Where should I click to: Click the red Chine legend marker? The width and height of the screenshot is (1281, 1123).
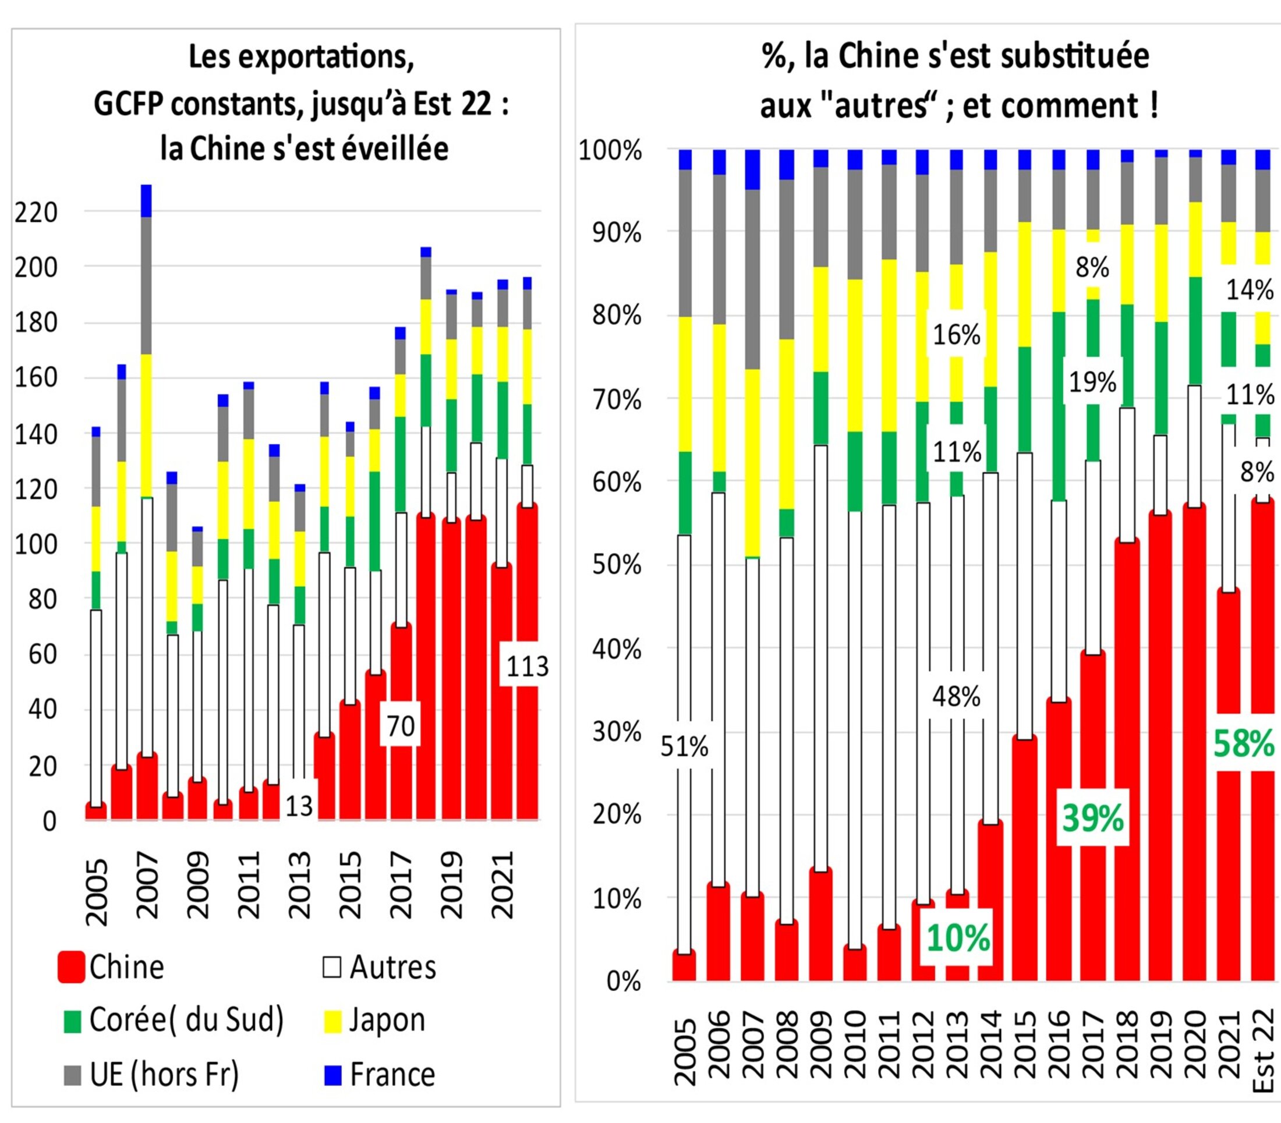[72, 967]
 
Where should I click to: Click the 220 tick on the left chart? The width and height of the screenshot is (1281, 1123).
[36, 212]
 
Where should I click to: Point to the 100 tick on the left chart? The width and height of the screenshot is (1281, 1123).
[36, 544]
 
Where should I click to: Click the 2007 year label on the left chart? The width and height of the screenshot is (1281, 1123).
[147, 885]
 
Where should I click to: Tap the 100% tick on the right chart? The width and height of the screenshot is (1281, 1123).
[610, 151]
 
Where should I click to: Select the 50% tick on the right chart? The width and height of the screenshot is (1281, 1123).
[617, 565]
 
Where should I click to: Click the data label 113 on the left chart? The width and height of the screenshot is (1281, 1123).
[527, 667]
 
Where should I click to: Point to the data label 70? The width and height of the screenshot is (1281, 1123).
[401, 727]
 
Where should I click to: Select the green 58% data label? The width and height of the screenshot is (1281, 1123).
[1244, 744]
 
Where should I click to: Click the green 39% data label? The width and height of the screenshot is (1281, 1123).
[1093, 818]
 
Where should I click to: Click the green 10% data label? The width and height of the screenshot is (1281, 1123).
[958, 938]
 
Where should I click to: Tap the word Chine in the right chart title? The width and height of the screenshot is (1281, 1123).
[873, 56]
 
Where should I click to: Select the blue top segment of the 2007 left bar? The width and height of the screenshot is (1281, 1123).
[146, 200]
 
